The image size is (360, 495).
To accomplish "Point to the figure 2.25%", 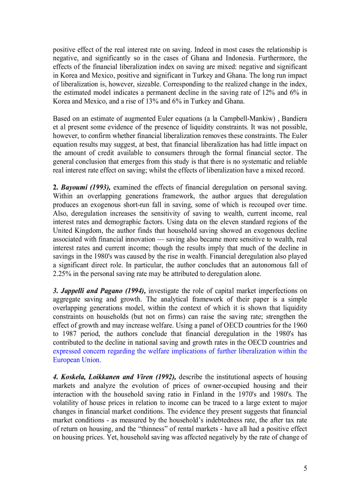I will [62, 274].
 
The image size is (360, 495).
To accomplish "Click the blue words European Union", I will [76, 360].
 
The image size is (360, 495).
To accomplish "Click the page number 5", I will [305, 468].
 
